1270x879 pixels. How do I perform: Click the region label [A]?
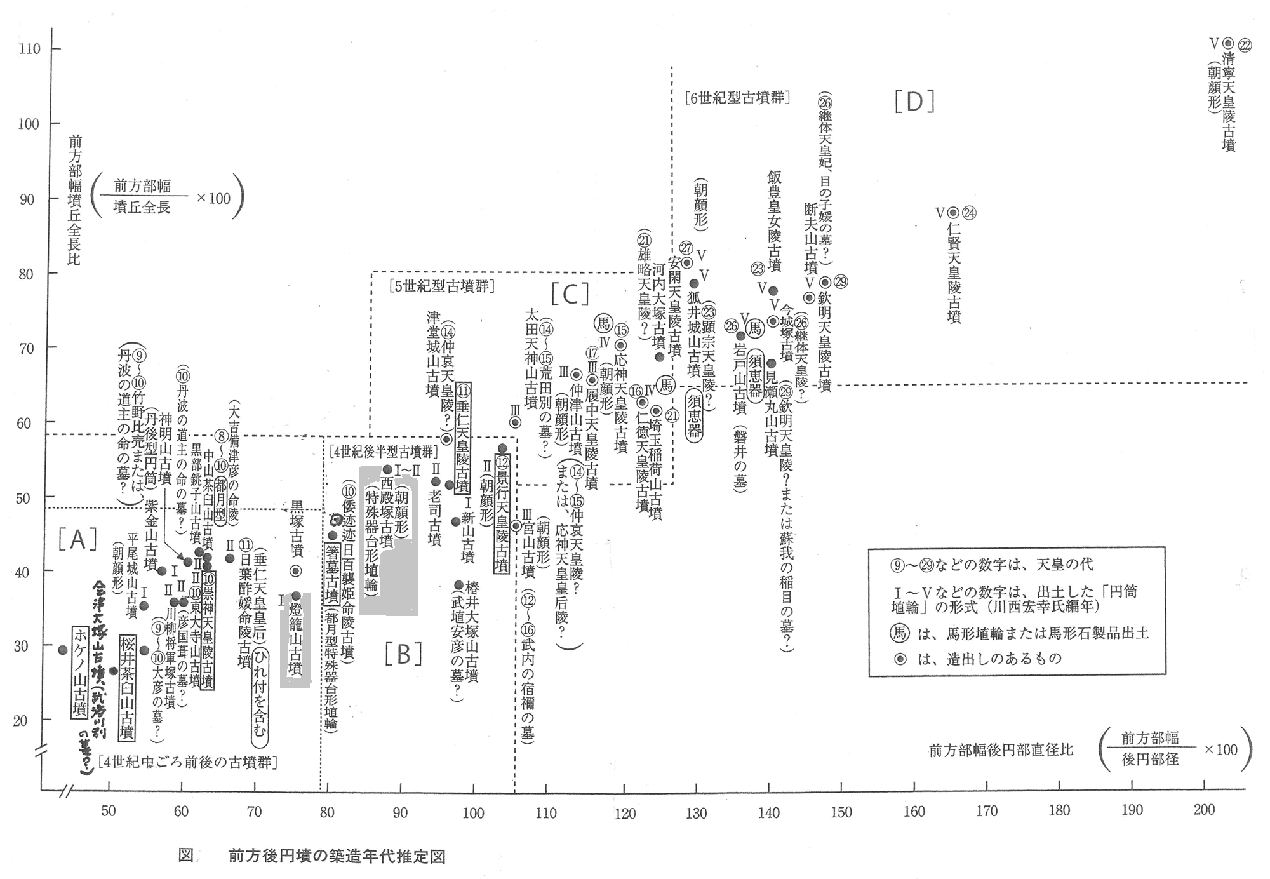tap(77, 539)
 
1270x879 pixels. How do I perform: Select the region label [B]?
tap(403, 654)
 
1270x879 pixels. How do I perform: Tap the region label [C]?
tap(570, 293)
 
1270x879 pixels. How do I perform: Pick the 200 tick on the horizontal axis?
tap(1204, 810)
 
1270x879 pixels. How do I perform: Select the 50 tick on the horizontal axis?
tap(109, 811)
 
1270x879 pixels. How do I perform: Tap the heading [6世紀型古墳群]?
tap(737, 98)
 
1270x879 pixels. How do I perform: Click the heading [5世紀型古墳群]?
tap(442, 286)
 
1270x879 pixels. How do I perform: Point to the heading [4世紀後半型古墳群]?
tap(384, 452)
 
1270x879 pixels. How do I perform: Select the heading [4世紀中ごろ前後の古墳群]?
tap(188, 762)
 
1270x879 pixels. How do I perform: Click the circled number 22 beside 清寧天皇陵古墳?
tap(1245, 46)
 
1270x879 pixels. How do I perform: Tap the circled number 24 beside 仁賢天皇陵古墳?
tap(969, 213)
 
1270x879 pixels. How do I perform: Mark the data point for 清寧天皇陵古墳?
tap(1228, 43)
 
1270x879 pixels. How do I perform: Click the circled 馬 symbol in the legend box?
tap(900, 633)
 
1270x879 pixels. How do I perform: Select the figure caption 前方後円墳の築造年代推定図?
tap(337, 857)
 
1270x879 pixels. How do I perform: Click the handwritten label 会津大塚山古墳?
tap(99, 641)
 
